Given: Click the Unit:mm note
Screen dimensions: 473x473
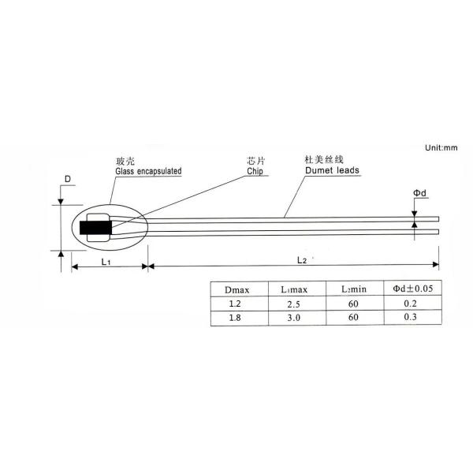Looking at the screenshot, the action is [441, 148].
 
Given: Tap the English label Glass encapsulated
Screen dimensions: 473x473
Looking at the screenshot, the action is [148, 171].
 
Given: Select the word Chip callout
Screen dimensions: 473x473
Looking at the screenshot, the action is [255, 171].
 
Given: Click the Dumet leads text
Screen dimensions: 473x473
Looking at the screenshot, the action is [332, 170].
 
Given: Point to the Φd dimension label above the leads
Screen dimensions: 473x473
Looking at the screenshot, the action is [419, 193].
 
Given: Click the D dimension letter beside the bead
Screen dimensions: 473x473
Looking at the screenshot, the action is [68, 179].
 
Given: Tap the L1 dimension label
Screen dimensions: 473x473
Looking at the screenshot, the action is [106, 262].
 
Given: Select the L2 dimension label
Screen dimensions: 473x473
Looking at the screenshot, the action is [302, 260].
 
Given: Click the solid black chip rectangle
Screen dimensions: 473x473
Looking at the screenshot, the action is [95, 228].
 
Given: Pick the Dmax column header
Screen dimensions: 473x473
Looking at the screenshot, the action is [237, 290].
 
